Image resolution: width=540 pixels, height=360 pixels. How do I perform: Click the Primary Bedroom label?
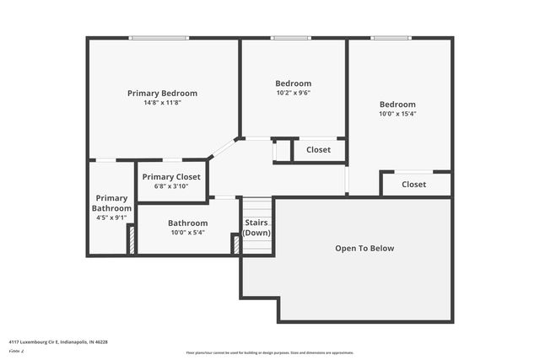[x=162, y=93]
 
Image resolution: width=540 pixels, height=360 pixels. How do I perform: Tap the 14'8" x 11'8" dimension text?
[x=162, y=102]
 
